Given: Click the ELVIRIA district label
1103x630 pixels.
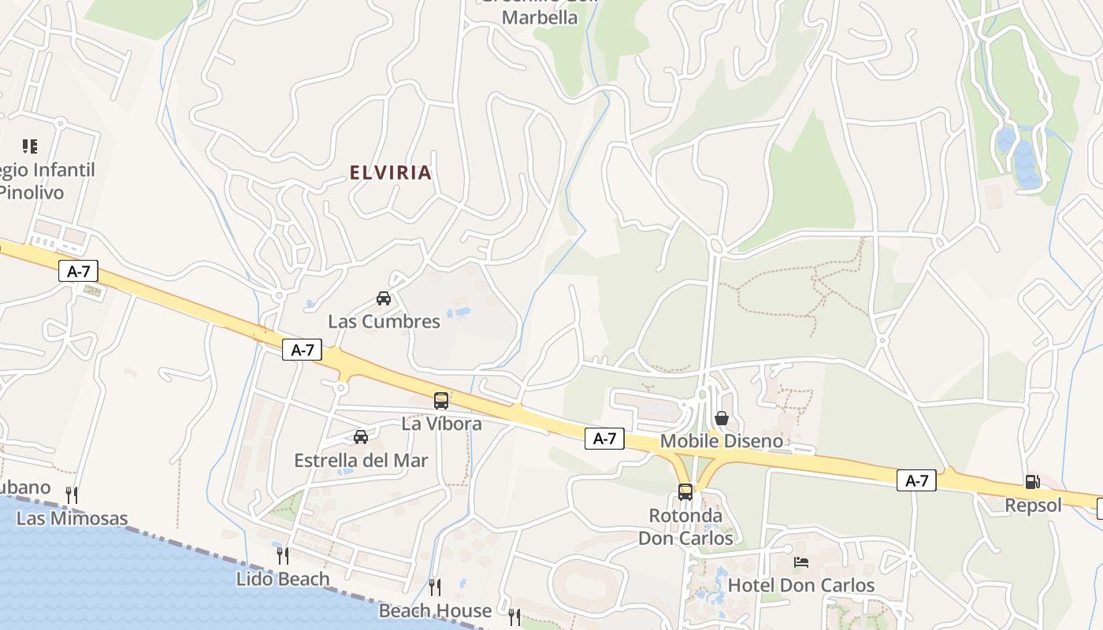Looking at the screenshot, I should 391,172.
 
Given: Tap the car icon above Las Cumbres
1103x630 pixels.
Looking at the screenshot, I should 384,298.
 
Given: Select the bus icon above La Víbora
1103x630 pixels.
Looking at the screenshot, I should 441,400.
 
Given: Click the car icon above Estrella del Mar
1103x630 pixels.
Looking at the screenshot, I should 361,437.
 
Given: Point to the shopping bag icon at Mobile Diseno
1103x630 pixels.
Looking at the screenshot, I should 721,418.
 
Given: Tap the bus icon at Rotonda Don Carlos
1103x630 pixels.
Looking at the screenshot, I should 685,492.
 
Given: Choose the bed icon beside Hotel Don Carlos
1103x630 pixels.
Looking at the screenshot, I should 801,562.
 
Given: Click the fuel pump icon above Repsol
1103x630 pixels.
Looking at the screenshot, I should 1032,482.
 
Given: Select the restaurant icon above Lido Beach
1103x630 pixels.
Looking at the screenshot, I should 282,556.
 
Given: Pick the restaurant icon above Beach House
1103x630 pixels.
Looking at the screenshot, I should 434,587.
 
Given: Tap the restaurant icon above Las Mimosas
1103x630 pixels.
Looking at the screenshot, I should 72,495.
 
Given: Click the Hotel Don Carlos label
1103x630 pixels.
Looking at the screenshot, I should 801,585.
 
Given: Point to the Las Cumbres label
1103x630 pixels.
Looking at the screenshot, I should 384,321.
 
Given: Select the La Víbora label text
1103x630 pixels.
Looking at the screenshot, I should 441,424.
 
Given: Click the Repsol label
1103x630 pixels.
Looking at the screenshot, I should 1033,506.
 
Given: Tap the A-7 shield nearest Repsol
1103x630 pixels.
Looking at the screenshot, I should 916,480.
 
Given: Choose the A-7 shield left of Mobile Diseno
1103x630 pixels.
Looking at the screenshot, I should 604,439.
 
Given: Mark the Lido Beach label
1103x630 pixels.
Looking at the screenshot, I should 283,579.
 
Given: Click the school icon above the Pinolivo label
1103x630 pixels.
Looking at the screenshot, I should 30,146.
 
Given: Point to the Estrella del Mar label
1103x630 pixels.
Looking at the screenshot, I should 361,461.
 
